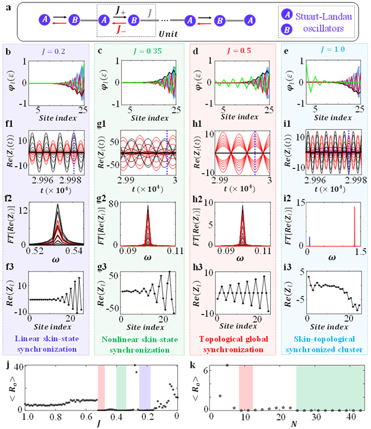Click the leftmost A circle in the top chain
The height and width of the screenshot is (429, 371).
coord(45,20)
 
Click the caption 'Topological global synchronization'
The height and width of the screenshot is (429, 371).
coord(232,343)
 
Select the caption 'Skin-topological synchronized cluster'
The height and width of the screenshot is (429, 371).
coord(325,343)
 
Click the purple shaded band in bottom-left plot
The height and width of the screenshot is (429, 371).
coord(145,388)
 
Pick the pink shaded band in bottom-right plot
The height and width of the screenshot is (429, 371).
coord(245,388)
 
